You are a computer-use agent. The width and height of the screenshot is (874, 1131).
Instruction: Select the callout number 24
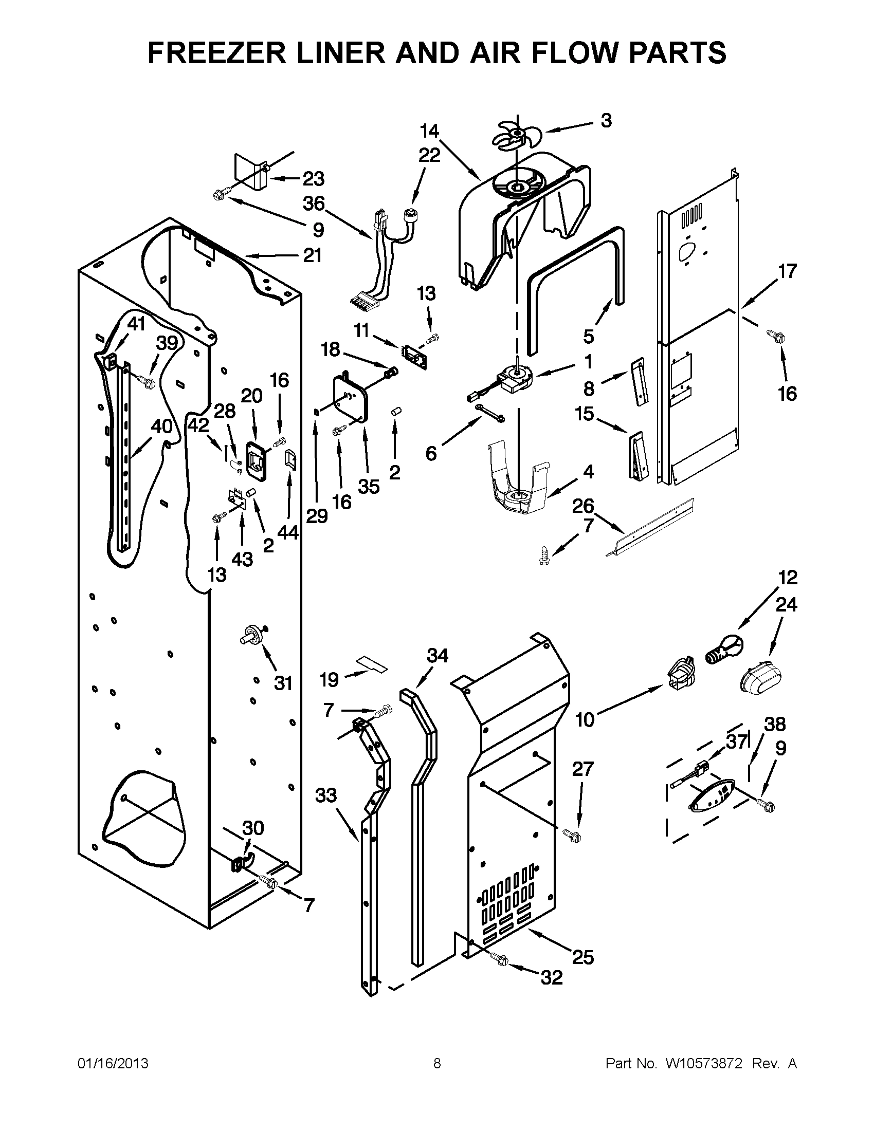click(786, 604)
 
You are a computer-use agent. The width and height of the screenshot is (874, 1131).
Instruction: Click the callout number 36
click(314, 203)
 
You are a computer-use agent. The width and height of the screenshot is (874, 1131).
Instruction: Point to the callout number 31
click(283, 683)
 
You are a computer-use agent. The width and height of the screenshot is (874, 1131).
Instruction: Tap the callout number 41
click(136, 324)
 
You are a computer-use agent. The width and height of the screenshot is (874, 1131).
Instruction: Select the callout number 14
click(429, 131)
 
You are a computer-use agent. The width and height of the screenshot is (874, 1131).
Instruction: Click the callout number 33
click(326, 795)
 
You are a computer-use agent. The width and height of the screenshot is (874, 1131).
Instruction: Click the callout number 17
click(787, 271)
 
